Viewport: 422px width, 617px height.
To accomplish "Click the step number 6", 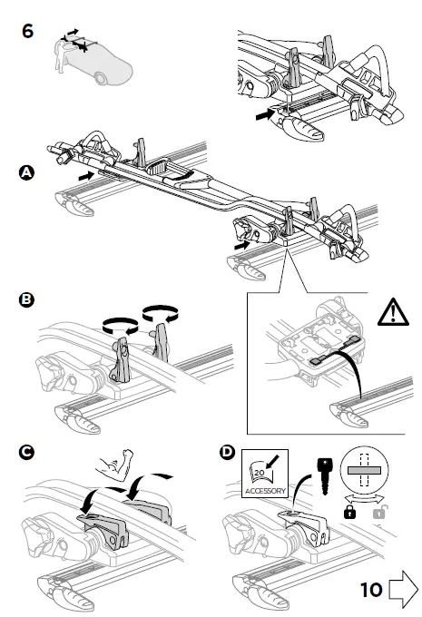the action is pyautogui.click(x=27, y=31).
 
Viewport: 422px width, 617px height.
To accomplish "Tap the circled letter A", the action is pyautogui.click(x=26, y=172).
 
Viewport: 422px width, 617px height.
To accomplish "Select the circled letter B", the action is pyautogui.click(x=26, y=299).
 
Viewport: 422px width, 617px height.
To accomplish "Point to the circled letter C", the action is pyautogui.click(x=26, y=452).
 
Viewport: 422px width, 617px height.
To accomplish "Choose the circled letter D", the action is pyautogui.click(x=227, y=452).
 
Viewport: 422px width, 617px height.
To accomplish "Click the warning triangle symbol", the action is pyautogui.click(x=393, y=312).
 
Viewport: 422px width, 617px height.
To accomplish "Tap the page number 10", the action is pyautogui.click(x=371, y=590).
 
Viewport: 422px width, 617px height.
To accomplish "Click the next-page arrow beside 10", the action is pyautogui.click(x=403, y=589).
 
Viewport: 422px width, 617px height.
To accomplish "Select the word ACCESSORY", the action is pyautogui.click(x=265, y=491).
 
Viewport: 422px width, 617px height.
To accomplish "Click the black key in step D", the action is pyautogui.click(x=324, y=475).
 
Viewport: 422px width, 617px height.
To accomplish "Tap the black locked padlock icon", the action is pyautogui.click(x=349, y=512).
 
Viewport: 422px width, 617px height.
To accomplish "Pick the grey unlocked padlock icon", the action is pyautogui.click(x=379, y=512).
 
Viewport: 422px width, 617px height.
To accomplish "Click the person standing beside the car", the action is pyautogui.click(x=61, y=55).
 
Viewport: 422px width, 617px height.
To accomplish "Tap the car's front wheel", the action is pyautogui.click(x=101, y=78).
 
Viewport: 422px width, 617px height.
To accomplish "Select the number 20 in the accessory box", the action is pyautogui.click(x=259, y=472).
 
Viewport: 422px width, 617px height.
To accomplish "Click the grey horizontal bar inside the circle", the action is pyautogui.click(x=364, y=470).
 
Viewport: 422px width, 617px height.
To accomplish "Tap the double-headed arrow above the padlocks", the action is pyautogui.click(x=364, y=499).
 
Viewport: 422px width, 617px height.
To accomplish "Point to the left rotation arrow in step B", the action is pyautogui.click(x=120, y=326).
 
